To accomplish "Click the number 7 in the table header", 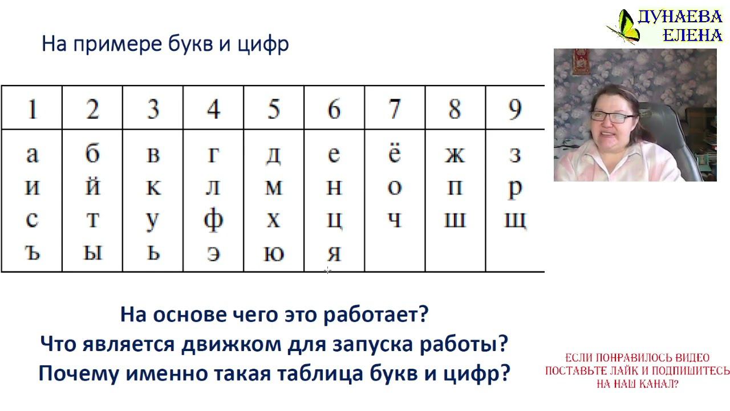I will click(x=394, y=108).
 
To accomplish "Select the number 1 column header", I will click(x=31, y=108).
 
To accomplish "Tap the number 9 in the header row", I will click(x=515, y=108).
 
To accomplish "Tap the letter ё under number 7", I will click(x=394, y=154).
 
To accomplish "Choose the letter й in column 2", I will click(x=92, y=187).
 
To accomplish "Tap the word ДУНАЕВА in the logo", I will click(x=680, y=17).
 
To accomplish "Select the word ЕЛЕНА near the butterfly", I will click(x=692, y=35).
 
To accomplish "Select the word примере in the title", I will click(x=113, y=45).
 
